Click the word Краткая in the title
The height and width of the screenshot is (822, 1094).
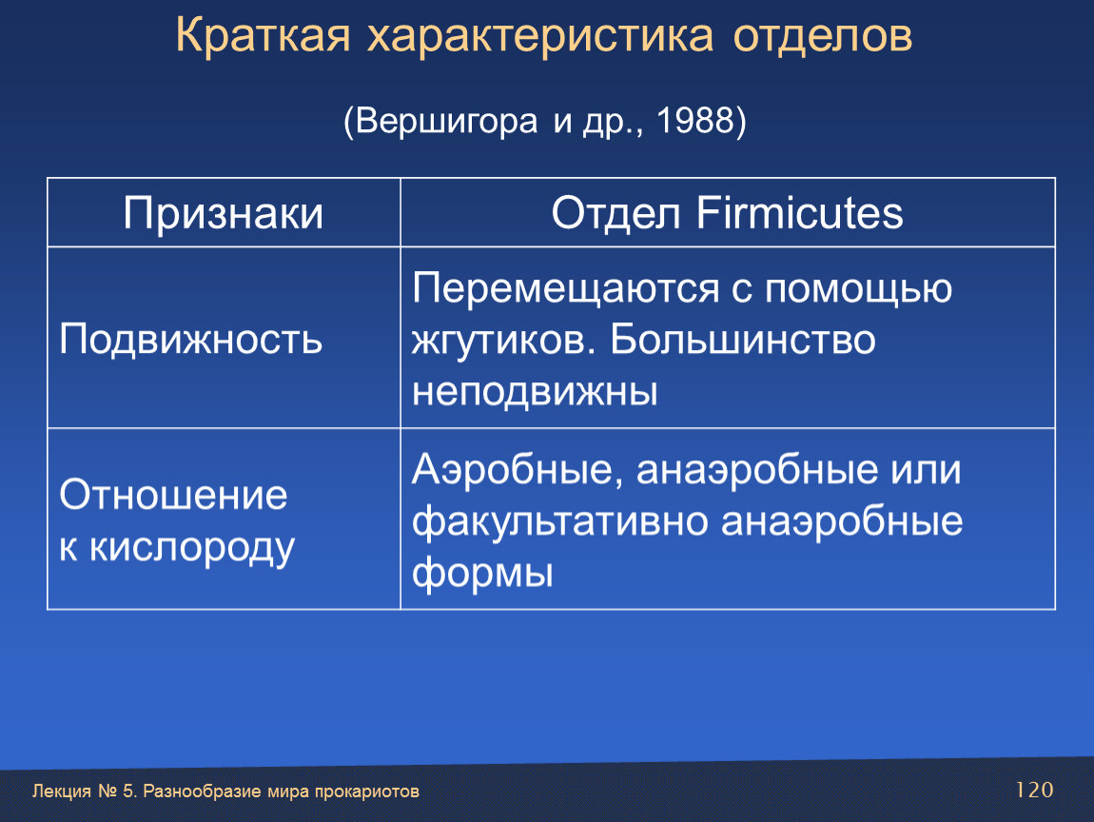pyautogui.click(x=263, y=35)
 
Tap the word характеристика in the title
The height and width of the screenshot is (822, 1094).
pyautogui.click(x=540, y=36)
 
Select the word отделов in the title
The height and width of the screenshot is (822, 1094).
pyautogui.click(x=823, y=36)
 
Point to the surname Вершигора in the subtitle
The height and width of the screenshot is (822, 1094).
pyautogui.click(x=446, y=122)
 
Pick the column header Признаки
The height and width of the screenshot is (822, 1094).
pyautogui.click(x=224, y=213)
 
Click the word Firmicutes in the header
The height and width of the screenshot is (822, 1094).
pyautogui.click(x=799, y=212)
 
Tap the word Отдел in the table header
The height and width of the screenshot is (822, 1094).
pyautogui.click(x=615, y=213)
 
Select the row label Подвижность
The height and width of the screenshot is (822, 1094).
pyautogui.click(x=190, y=339)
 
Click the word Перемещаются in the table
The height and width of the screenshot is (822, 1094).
pyautogui.click(x=566, y=289)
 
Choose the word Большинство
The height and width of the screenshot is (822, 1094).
pyautogui.click(x=742, y=340)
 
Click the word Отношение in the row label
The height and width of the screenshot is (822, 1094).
pyautogui.click(x=173, y=495)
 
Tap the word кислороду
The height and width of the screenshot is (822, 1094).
pyautogui.click(x=192, y=548)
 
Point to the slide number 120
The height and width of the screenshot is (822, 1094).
pyautogui.click(x=1034, y=790)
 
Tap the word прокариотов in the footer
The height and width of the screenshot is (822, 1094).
pyautogui.click(x=366, y=792)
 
